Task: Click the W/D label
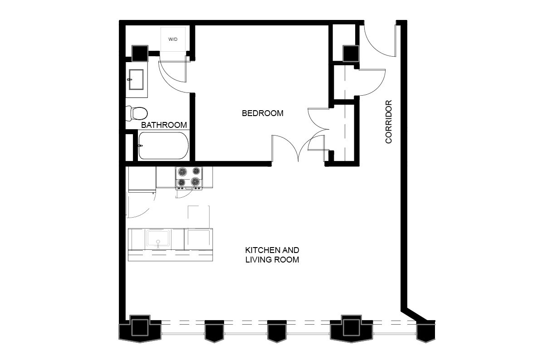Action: click(173, 39)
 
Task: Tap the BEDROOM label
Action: click(263, 113)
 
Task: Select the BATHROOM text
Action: click(164, 125)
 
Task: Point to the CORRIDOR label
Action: click(388, 122)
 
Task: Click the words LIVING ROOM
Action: click(272, 259)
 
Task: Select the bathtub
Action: click(163, 146)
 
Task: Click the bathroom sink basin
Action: click(136, 79)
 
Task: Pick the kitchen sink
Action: click(158, 238)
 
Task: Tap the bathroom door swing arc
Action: click(171, 84)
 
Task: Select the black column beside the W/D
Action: click(140, 53)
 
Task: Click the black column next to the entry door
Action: click(351, 53)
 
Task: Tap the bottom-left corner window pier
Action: click(140, 329)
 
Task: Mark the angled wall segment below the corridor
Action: click(414, 316)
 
